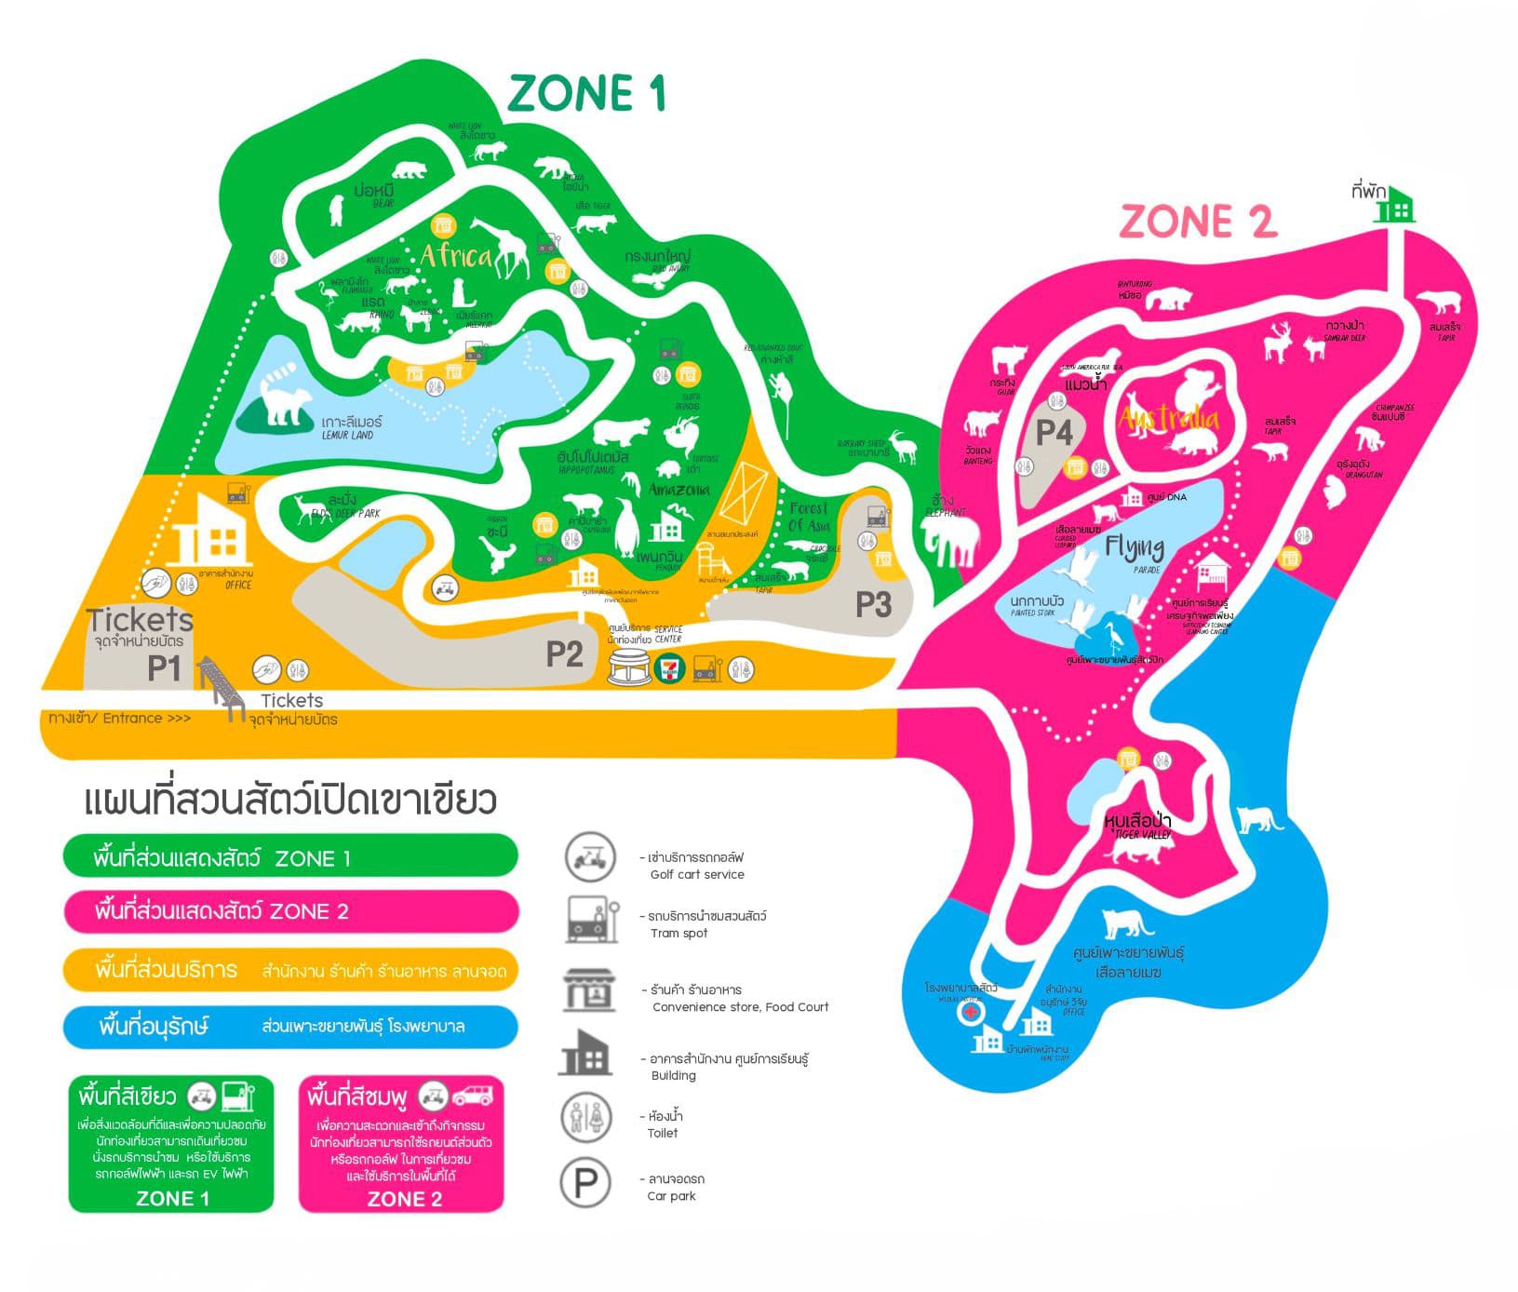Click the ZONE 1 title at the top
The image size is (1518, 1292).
586,93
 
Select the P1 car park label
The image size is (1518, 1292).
164,667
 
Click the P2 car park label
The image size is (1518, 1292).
564,653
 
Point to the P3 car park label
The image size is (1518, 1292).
873,605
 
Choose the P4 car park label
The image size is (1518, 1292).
1055,432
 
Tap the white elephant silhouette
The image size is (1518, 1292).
950,539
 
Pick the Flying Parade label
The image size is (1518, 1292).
1135,548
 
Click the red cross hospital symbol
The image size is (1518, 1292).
971,1011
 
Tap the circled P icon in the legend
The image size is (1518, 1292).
585,1183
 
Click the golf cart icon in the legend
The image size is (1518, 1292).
589,856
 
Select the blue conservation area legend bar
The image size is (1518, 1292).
290,1027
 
